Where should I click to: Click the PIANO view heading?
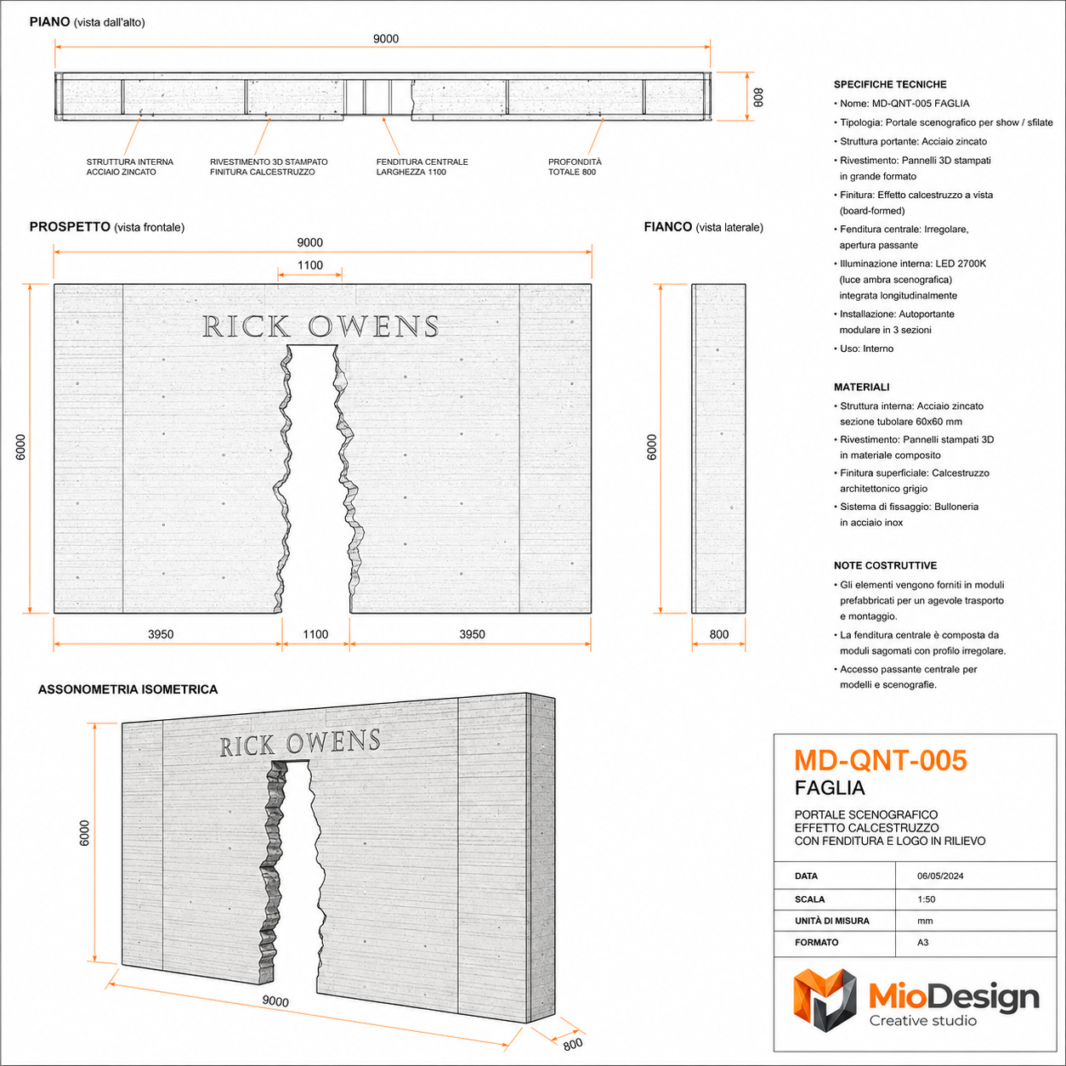[x=49, y=22]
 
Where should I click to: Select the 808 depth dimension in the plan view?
[x=758, y=98]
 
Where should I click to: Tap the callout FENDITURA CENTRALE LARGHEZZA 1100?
[x=422, y=167]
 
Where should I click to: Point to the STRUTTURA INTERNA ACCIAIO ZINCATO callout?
[x=129, y=167]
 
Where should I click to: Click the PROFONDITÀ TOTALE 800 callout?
[x=575, y=167]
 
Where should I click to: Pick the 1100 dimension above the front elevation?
[x=309, y=265]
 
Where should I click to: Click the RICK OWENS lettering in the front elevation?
[x=320, y=326]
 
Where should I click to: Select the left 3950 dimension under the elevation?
[x=161, y=634]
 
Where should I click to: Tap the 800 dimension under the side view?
[x=718, y=634]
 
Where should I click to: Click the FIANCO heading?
[x=667, y=227]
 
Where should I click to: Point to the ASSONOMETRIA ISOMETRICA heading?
[x=128, y=689]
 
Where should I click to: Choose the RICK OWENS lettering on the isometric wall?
[x=300, y=743]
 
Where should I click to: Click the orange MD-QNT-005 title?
[x=881, y=760]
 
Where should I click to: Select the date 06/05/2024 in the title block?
[x=940, y=876]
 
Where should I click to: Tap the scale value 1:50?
[x=926, y=899]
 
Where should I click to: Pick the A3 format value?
[x=922, y=942]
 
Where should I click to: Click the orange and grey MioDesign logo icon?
[x=825, y=1001]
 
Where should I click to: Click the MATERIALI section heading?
[x=861, y=388]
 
